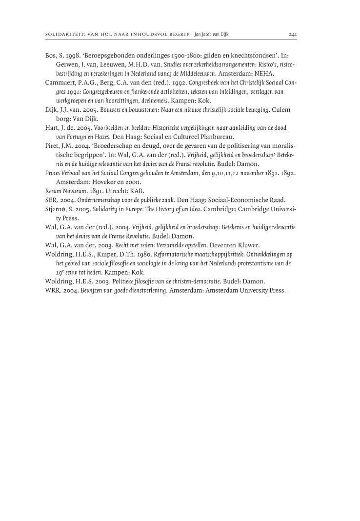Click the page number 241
[x=293, y=35]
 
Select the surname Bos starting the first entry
[x=50, y=56]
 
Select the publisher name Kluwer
[x=248, y=246]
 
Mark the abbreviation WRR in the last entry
[x=52, y=290]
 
